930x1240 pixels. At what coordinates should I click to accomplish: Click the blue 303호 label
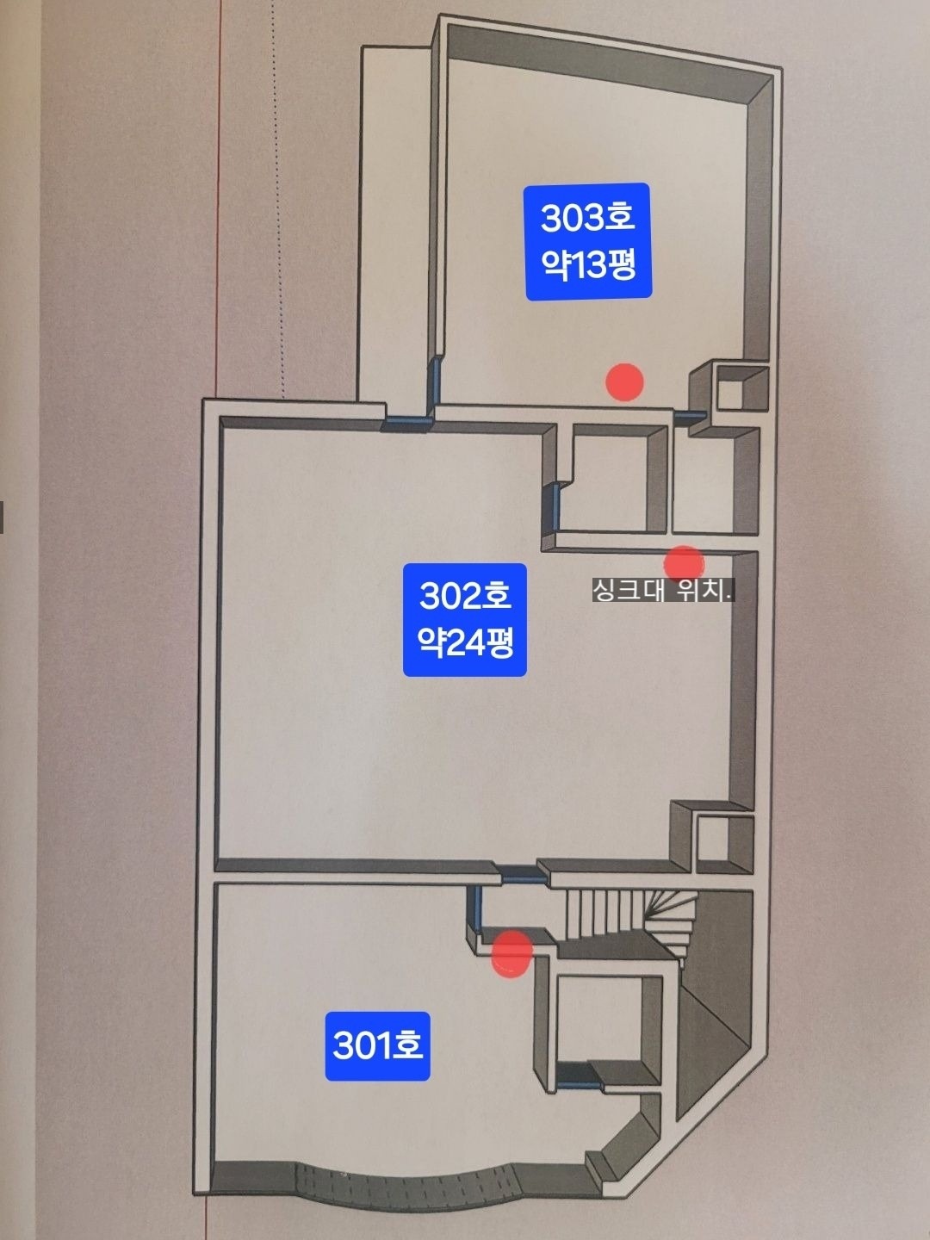pyautogui.click(x=589, y=241)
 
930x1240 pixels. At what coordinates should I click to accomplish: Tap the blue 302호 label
pyautogui.click(x=465, y=620)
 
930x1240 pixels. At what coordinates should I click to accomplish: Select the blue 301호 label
pyautogui.click(x=377, y=1045)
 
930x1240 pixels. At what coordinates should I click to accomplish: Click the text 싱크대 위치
pyautogui.click(x=663, y=591)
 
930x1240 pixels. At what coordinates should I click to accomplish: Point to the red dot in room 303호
pyautogui.click(x=624, y=382)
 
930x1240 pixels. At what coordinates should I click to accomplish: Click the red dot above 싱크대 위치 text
pyautogui.click(x=684, y=564)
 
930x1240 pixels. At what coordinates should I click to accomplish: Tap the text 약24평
pyautogui.click(x=465, y=643)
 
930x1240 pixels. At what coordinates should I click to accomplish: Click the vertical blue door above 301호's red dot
pyautogui.click(x=477, y=908)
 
